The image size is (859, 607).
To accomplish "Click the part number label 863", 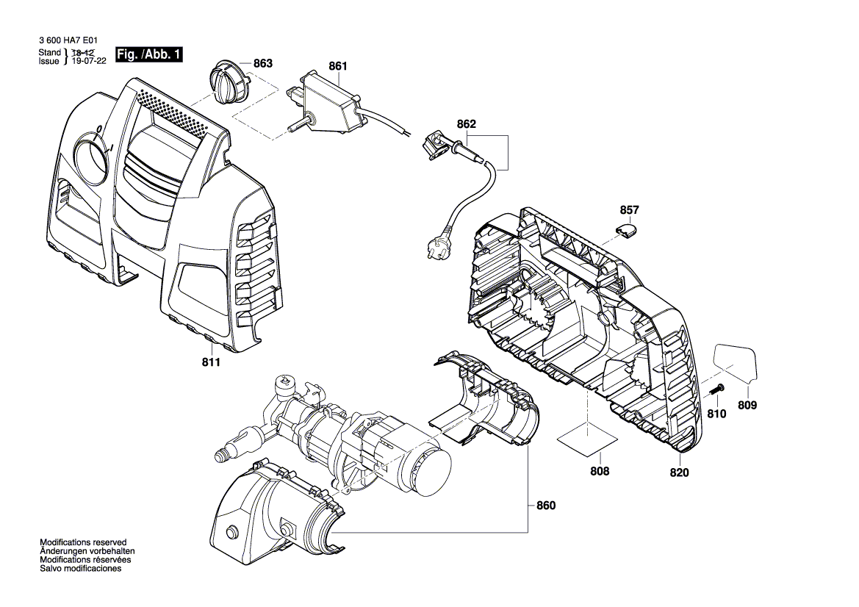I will pos(262,64).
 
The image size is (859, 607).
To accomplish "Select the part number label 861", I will pos(337,66).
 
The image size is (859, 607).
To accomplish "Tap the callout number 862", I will pos(466,125).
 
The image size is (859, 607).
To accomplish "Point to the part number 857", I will pos(630,210).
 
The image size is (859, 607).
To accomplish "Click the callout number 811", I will pos(210,362).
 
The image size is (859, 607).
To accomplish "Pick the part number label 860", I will pos(546,506).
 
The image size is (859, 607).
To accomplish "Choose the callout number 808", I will pos(600,471).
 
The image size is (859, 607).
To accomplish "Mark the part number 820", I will pos(679,473).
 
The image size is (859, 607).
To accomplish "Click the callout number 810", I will pos(716,414).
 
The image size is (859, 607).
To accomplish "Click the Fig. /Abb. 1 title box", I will pos(149,55).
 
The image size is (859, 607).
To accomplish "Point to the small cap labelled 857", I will pos(627,229).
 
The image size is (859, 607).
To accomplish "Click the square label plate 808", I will pos(587,440).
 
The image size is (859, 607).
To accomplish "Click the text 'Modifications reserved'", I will pos(83,542).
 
